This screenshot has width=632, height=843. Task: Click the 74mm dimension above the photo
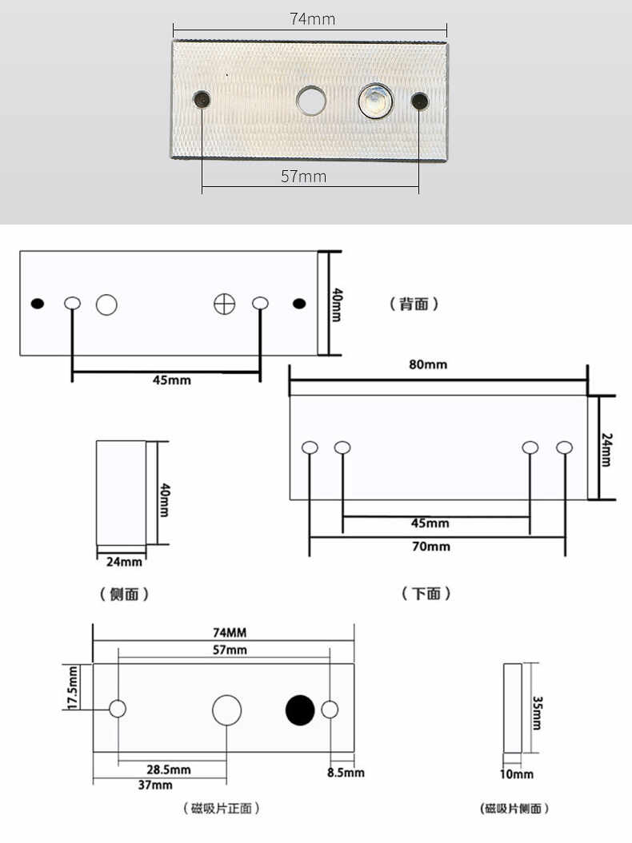coord(312,19)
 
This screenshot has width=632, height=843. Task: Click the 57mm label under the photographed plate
coord(304,177)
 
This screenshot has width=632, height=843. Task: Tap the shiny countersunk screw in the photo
coord(376,101)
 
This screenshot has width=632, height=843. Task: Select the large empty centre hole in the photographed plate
coord(311,101)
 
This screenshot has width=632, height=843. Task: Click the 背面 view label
coord(414,304)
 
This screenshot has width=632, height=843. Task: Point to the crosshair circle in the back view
coord(225,304)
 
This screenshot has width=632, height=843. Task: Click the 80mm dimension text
coord(428,364)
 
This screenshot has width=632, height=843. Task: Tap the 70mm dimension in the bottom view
coord(430,547)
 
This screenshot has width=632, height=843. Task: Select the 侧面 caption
coord(124,594)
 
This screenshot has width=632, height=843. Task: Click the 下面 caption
coord(426,594)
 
